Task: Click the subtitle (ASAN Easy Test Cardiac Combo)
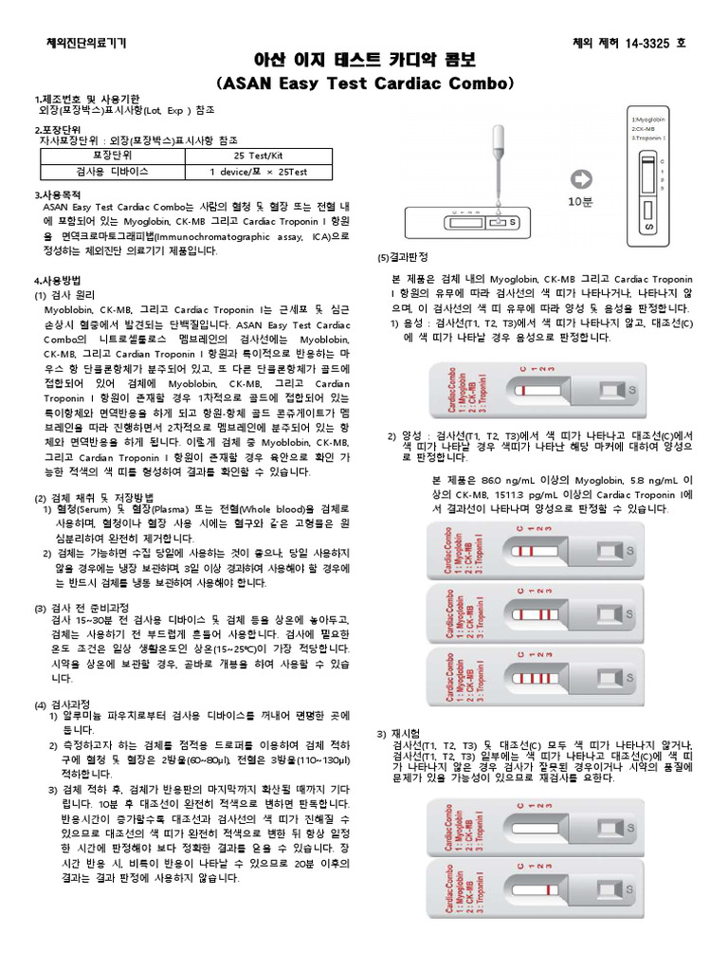click(364, 83)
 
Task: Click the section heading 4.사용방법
click(58, 281)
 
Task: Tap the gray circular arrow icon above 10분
click(580, 178)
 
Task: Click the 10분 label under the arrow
click(580, 202)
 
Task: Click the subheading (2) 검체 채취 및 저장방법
click(94, 498)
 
